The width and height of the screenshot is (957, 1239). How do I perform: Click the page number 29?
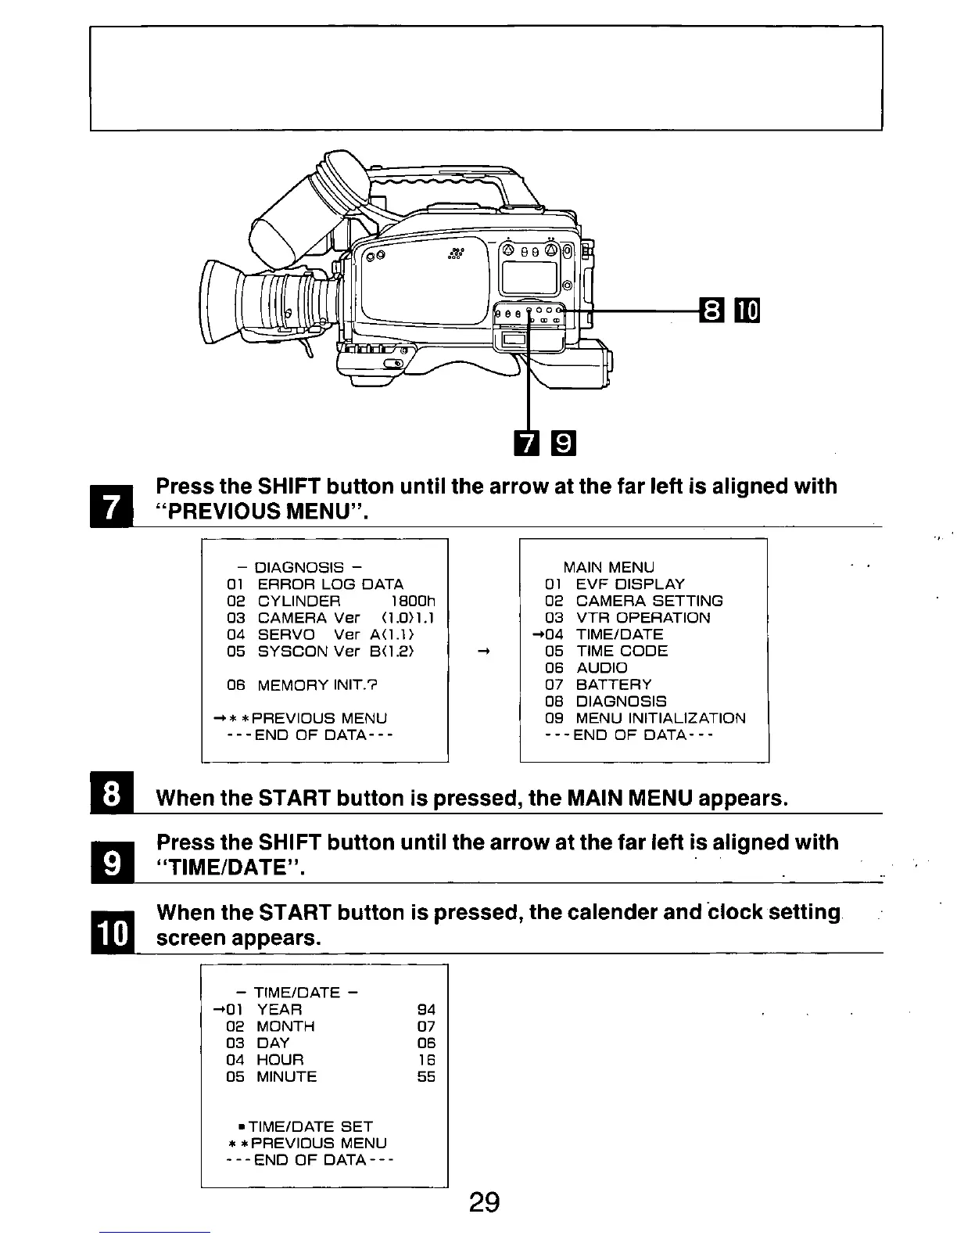pos(485,1201)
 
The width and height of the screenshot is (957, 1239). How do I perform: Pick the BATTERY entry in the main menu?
pos(613,684)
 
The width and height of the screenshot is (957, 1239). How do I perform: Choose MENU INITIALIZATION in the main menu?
pos(660,718)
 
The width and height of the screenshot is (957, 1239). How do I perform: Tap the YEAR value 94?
pos(426,1010)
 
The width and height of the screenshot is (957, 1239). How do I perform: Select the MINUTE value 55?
pos(426,1076)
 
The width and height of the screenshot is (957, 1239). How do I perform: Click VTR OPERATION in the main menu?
pos(643,618)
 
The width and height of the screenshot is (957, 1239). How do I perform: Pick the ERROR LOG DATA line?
pos(330,584)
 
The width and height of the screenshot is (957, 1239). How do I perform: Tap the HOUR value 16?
pos(426,1060)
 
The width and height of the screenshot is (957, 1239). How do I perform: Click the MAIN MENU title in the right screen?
pos(609,567)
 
